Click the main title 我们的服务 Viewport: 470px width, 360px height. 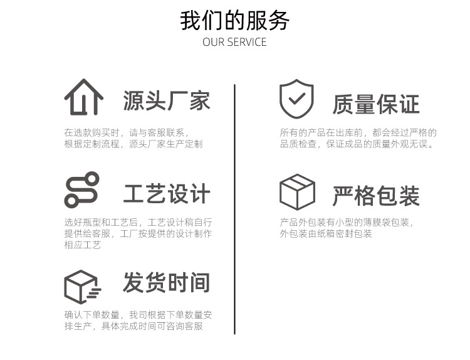coord(235,21)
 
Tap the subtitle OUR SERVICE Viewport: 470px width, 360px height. coord(235,43)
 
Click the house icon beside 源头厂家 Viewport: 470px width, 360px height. coord(83,97)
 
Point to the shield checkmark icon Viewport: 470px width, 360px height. coord(296,99)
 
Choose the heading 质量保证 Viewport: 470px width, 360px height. coord(376,104)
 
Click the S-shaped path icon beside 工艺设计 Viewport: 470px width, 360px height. coord(81,189)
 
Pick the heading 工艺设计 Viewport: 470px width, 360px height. coord(167,194)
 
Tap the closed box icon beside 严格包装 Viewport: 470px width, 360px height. coord(297,192)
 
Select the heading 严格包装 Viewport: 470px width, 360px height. coord(376,196)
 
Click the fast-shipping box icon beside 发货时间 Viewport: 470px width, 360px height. coord(82,287)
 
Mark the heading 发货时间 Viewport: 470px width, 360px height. coord(167,283)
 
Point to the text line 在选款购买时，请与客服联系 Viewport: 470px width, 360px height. coord(126,133)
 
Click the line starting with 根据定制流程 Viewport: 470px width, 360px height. coord(133,144)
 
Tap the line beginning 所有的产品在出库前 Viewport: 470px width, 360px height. coord(358,133)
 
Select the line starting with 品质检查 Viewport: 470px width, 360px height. coord(357,144)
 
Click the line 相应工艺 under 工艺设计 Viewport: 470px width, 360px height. coord(83,245)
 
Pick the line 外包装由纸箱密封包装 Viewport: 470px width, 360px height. coord(326,234)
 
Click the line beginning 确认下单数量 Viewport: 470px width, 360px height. coord(138,315)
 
